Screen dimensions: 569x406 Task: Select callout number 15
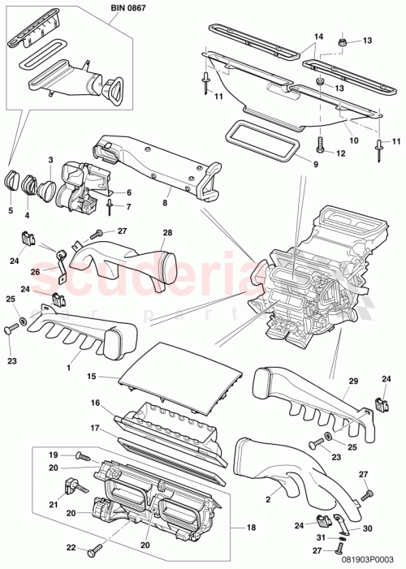(92, 377)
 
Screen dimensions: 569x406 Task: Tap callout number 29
(352, 381)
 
